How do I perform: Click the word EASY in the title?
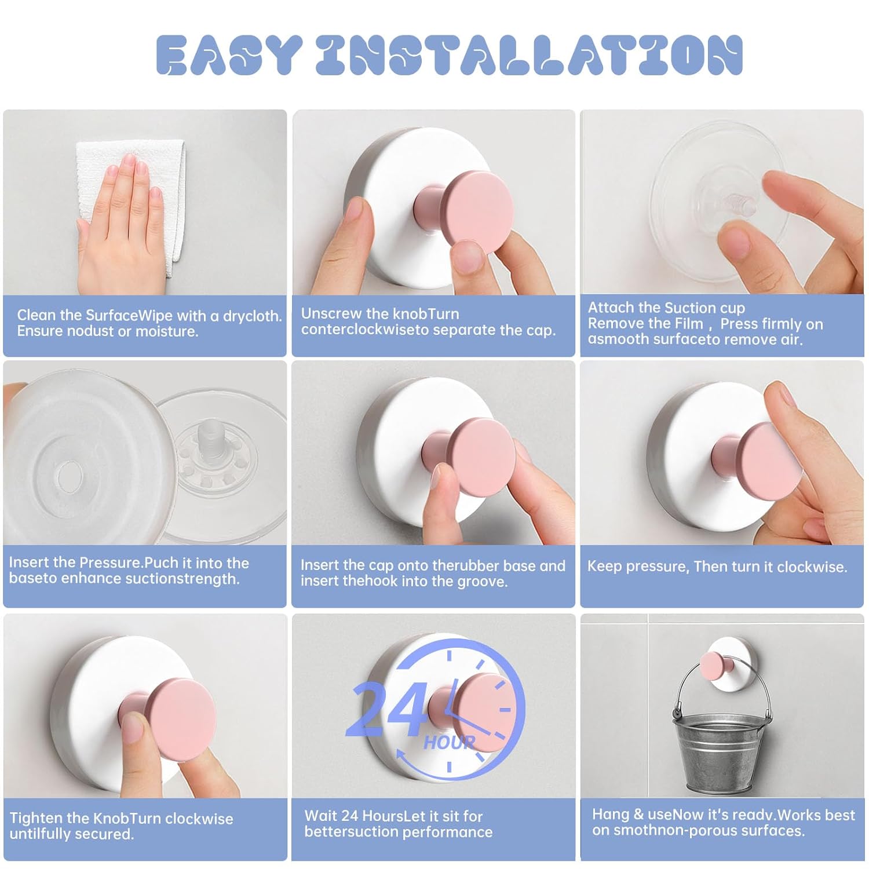point(229,55)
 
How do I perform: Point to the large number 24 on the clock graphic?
point(386,709)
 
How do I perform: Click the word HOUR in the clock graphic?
point(450,743)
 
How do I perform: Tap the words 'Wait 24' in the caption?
point(333,816)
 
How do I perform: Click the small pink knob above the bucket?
point(715,663)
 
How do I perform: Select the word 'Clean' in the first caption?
point(36,315)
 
